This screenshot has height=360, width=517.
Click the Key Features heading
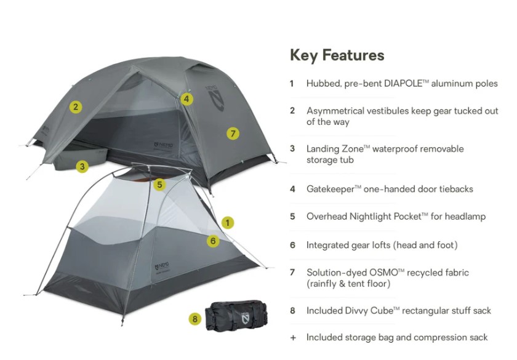coord(337,55)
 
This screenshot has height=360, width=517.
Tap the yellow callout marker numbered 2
coord(76,106)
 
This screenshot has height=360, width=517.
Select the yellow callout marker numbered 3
coord(82,166)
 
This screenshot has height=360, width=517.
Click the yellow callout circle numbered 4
coord(187,98)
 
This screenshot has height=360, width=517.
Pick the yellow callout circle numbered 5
coord(159,184)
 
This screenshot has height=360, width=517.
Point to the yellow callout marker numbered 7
coord(232,133)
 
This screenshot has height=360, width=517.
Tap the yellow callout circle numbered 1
coord(228,222)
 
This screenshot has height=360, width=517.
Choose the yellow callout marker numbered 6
coord(213,241)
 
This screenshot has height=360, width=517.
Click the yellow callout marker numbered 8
coord(195,319)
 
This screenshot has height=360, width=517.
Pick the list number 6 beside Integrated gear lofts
coord(292,245)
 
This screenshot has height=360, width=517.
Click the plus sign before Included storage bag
coord(292,337)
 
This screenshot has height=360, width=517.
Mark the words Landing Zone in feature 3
coord(334,149)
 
